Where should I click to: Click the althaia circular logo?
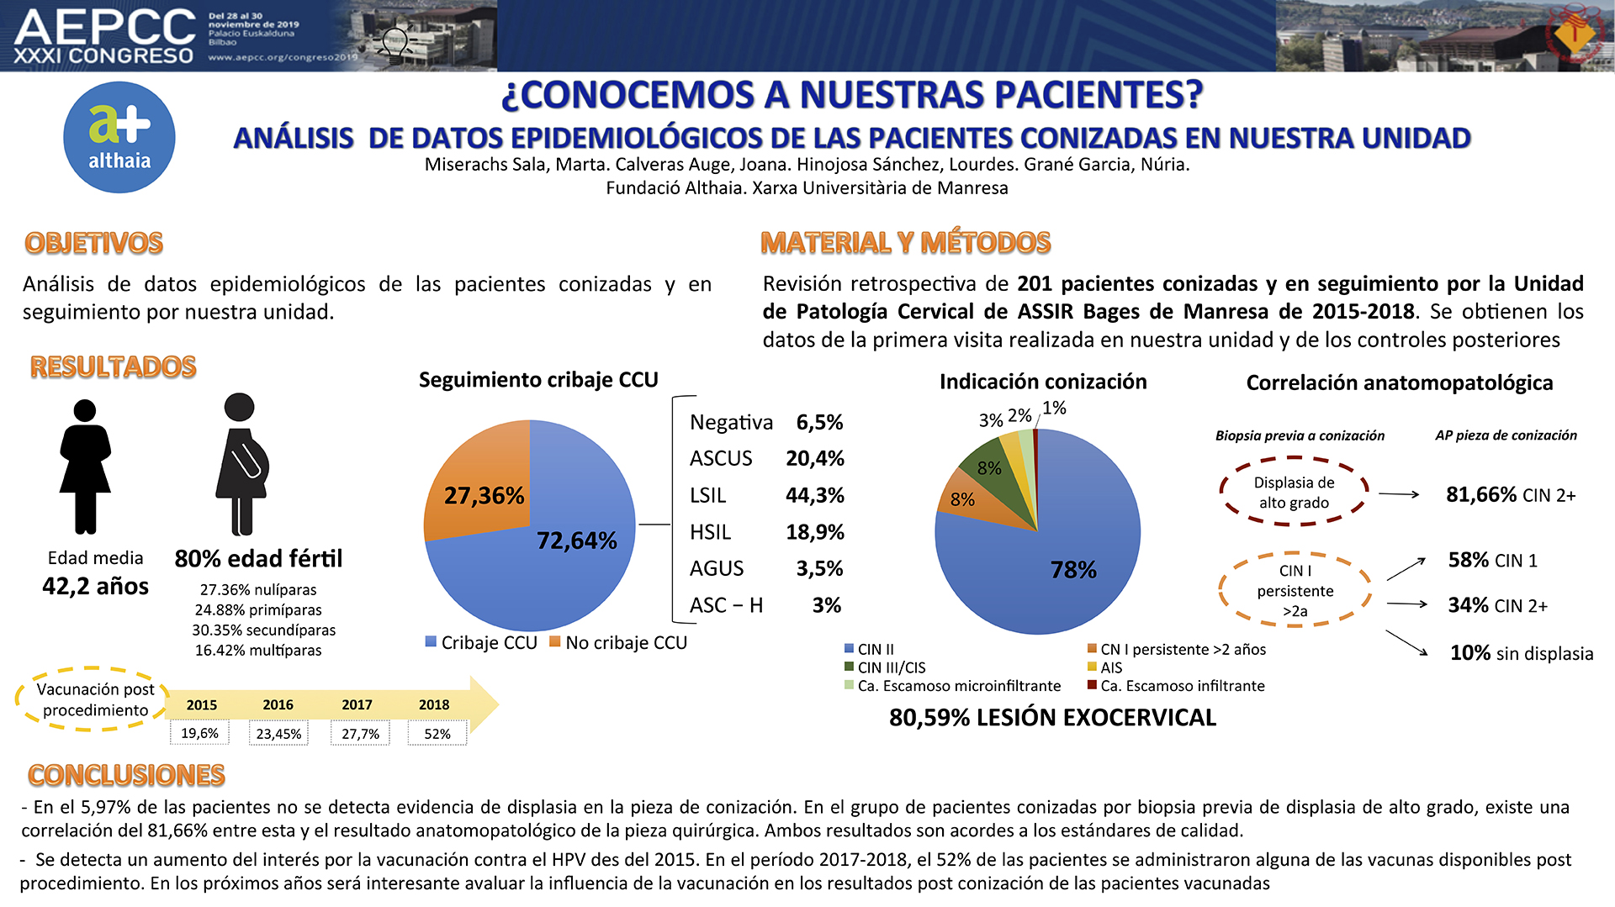pos(119,137)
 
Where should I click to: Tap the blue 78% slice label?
pos(1073,570)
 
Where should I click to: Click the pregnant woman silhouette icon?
pos(241,463)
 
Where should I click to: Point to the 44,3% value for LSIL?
pos(814,495)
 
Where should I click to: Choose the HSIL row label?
pos(710,532)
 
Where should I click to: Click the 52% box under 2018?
pos(437,733)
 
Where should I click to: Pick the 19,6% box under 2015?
pos(199,733)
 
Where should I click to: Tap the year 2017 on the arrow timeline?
pos(357,704)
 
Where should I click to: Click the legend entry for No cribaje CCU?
pos(618,643)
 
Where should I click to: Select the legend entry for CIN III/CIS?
pos(885,667)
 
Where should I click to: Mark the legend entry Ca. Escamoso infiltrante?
pos(1176,686)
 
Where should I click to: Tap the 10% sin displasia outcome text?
pos(1522,653)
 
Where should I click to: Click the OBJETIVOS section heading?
pos(94,243)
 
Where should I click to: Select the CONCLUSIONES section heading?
pos(126,775)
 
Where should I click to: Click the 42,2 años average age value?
pos(95,586)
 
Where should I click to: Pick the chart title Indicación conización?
pos(1043,382)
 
